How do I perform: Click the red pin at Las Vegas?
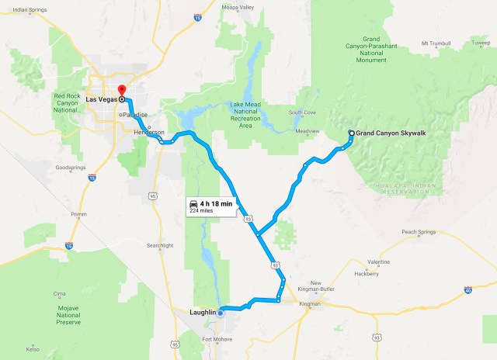pos(122,90)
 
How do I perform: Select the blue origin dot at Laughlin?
pos(221,313)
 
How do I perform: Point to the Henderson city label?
pos(149,133)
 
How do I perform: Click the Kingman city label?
pos(310,303)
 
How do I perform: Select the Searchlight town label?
pos(160,245)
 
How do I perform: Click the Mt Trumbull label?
pos(435,43)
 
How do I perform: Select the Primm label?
pos(78,215)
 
